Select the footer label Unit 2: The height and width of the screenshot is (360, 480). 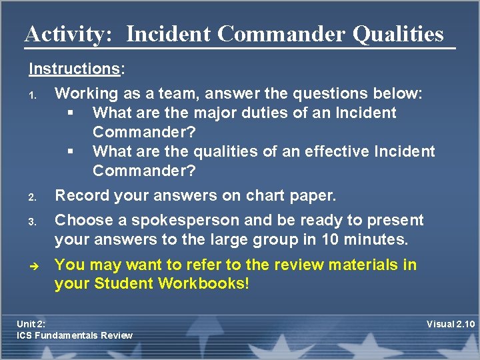coord(31,324)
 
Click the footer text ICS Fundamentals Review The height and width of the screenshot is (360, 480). coord(75,335)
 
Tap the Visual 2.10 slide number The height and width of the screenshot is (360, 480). coord(450,324)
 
